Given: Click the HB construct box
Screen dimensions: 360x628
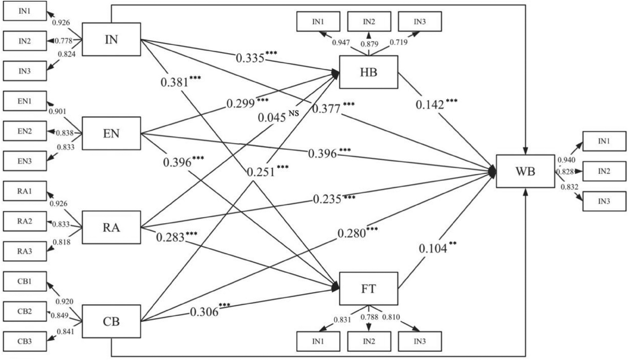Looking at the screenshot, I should (368, 72).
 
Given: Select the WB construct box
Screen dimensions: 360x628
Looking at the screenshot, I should (525, 171).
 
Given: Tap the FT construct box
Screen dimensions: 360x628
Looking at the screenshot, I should (368, 289).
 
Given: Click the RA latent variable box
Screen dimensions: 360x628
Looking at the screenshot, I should (111, 227).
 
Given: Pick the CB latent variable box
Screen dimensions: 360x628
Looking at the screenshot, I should (111, 322).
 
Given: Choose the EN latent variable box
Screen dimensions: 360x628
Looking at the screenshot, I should (111, 133).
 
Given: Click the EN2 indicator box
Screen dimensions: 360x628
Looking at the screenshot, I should (25, 131).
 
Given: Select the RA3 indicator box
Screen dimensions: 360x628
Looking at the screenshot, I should (25, 251).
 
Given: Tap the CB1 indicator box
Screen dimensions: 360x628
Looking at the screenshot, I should (25, 281).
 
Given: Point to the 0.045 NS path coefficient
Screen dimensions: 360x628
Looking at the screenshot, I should (272, 118).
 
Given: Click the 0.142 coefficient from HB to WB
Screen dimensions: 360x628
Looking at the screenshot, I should (430, 105).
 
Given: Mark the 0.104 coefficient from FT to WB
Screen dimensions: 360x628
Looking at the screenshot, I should (433, 248).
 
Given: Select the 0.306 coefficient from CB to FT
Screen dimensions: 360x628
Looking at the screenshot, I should (204, 312).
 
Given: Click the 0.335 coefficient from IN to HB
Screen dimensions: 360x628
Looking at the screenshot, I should (250, 58).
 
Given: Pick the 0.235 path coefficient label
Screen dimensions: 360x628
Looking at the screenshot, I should (328, 199).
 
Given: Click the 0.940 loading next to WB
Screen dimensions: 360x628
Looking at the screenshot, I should (567, 160).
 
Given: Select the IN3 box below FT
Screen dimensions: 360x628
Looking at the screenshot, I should (420, 341).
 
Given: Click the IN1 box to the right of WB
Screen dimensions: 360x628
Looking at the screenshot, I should (604, 141).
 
